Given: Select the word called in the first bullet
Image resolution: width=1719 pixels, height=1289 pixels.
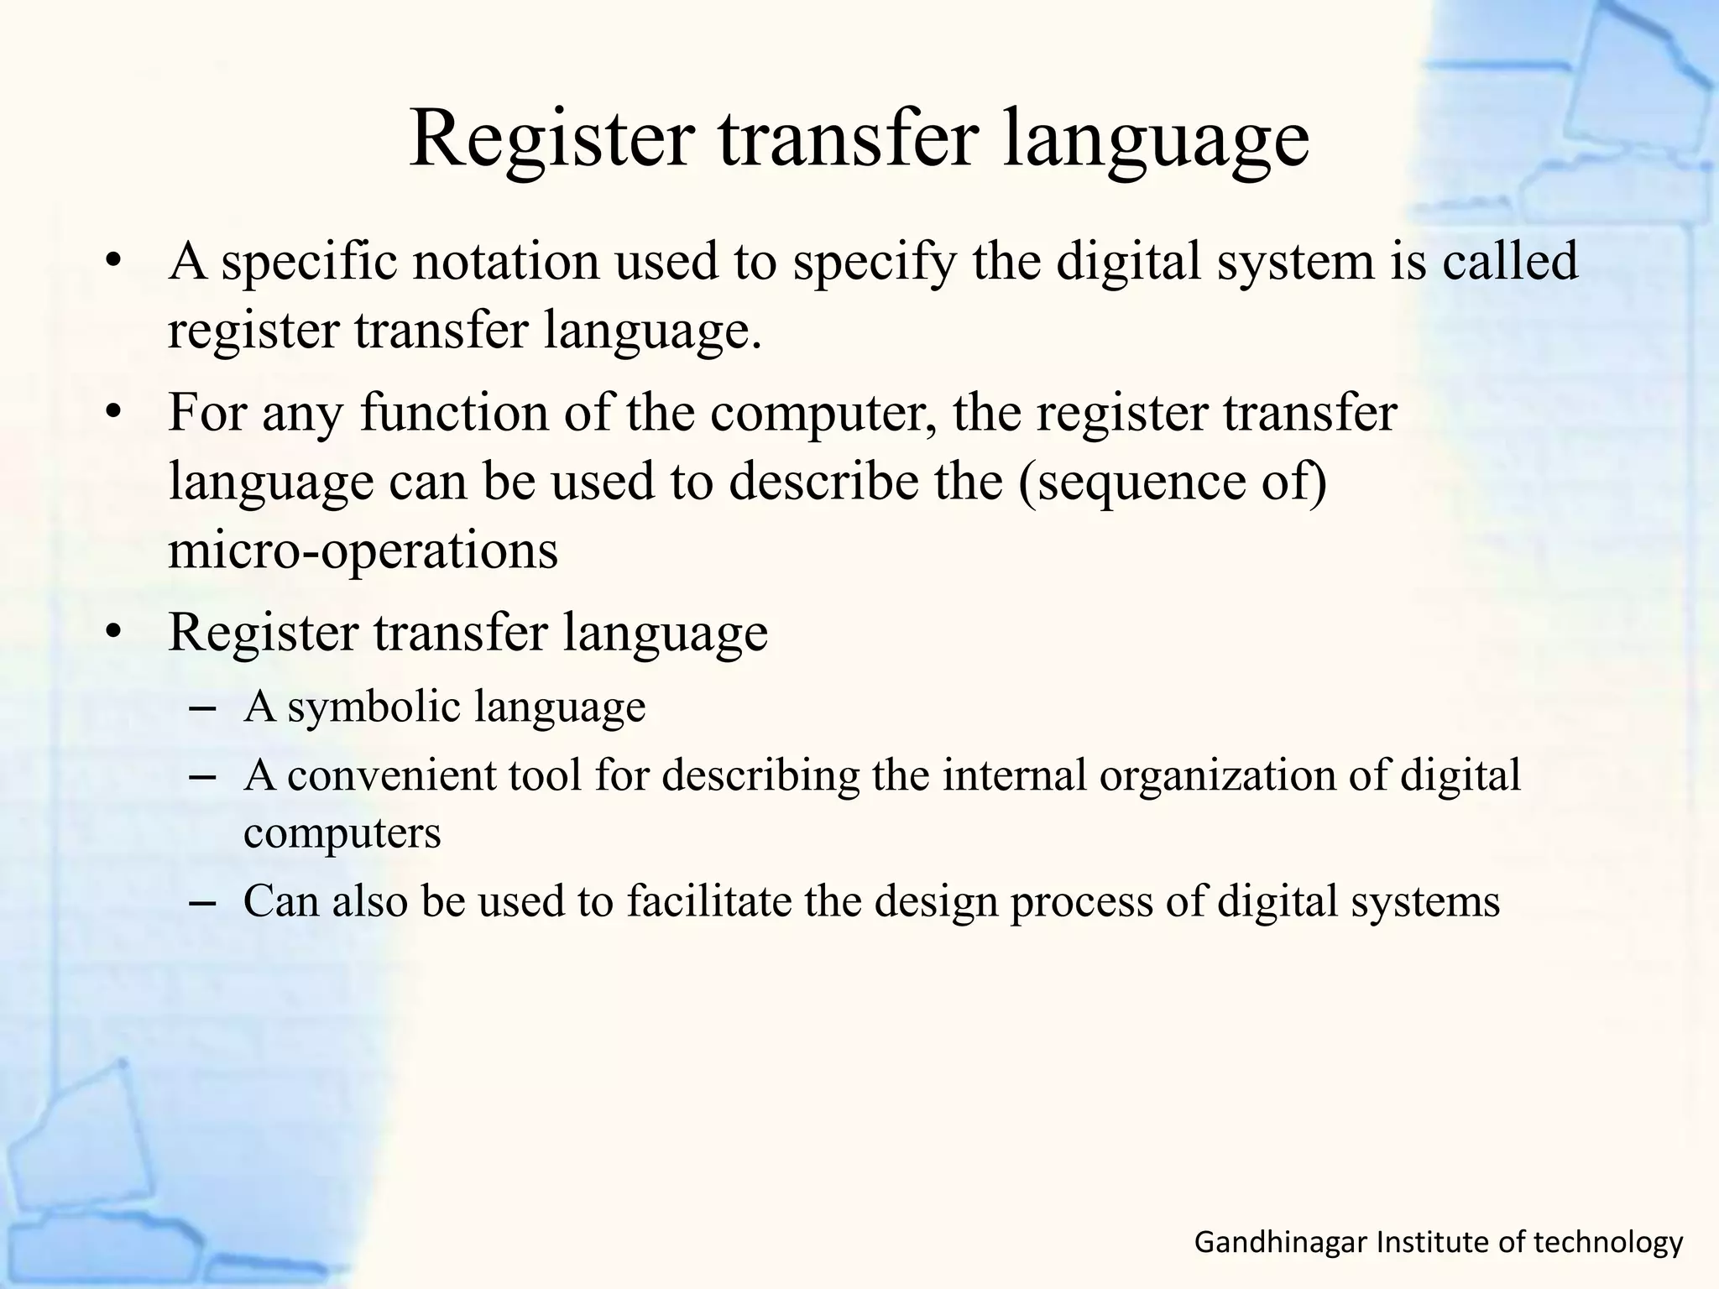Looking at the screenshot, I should coord(1510,261).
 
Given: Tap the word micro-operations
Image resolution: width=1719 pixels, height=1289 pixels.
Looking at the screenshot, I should coord(363,551).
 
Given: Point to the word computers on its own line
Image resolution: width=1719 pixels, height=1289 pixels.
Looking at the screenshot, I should coord(342,833).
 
